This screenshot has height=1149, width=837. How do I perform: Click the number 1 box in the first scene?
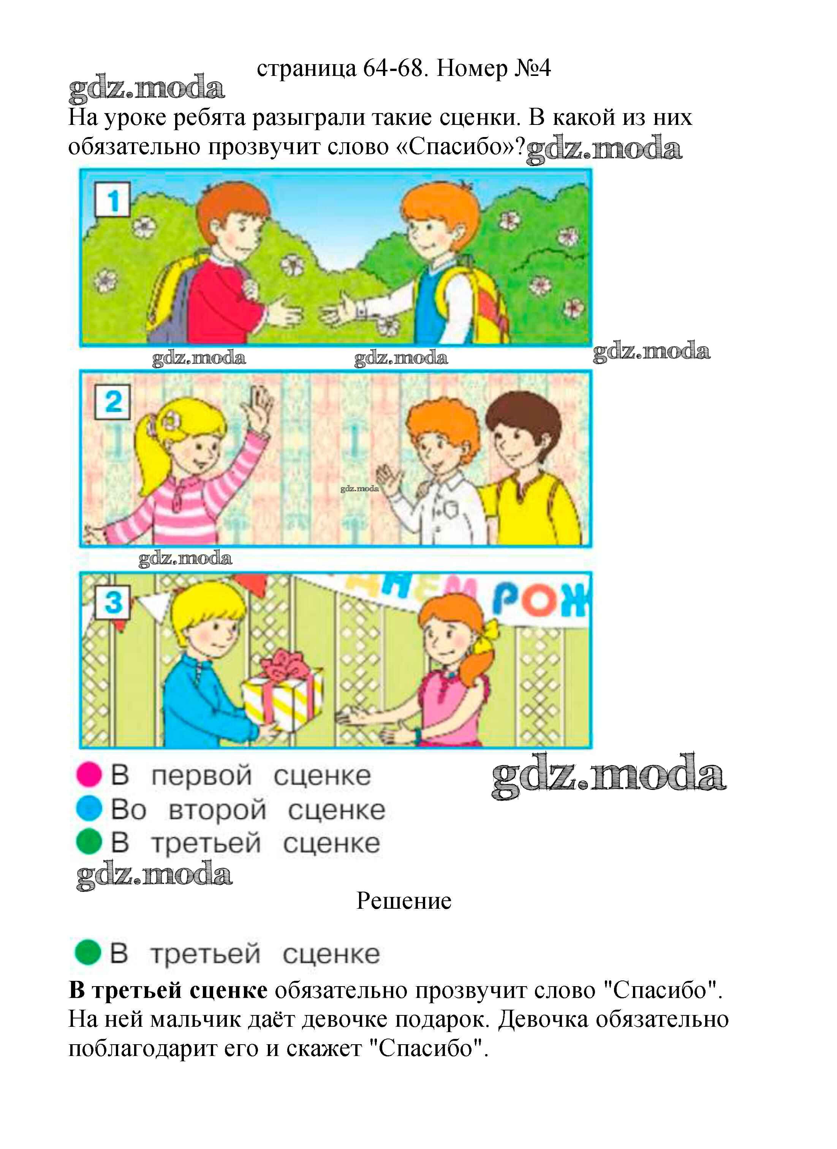[112, 200]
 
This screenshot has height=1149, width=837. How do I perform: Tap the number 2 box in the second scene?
[112, 402]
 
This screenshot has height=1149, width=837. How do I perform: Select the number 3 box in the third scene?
[112, 602]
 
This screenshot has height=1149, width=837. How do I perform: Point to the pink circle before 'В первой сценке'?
[89, 775]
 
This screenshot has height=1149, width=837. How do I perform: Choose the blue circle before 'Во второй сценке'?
[89, 809]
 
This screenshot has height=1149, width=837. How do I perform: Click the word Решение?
[403, 901]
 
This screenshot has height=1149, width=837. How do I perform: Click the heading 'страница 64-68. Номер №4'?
[403, 68]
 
